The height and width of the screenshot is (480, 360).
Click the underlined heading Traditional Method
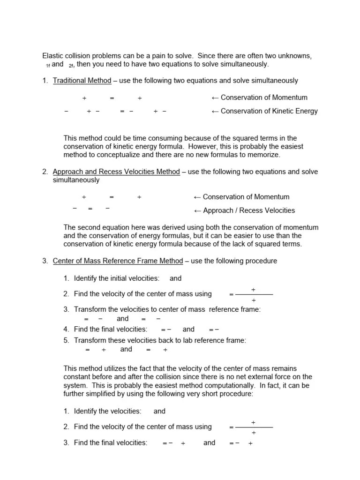[82, 81]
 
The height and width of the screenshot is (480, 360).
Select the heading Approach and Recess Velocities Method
[116, 172]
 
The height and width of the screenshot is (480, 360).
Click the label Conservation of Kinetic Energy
[269, 111]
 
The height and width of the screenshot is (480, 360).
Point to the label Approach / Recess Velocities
[249, 210]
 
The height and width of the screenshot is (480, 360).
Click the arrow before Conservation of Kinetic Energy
[216, 111]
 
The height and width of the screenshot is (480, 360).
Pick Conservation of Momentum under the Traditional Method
[264, 97]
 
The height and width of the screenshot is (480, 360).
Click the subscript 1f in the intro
[48, 65]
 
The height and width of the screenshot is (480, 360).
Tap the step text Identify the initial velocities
[117, 278]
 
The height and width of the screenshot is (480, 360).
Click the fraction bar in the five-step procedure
[254, 295]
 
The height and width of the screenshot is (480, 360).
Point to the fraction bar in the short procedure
[254, 427]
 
